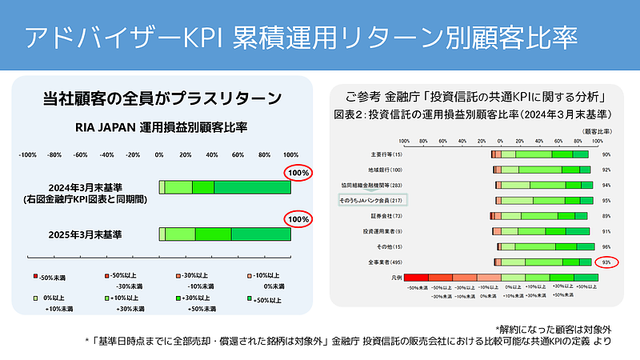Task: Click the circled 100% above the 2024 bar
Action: pos(299,173)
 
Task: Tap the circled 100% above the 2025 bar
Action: pos(299,218)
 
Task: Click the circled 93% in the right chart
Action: pos(606,262)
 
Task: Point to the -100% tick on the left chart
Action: pos(28,154)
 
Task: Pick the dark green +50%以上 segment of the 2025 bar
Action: pos(261,234)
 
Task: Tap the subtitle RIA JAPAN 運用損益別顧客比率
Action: pos(162,126)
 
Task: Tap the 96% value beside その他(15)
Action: pos(606,246)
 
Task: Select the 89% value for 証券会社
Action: pos(606,216)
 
